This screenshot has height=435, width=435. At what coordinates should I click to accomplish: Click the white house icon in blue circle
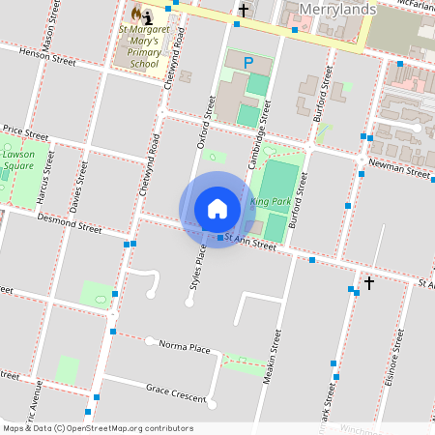(217, 210)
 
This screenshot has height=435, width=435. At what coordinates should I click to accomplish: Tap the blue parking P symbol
(248, 63)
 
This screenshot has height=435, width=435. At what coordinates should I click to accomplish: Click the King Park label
(270, 201)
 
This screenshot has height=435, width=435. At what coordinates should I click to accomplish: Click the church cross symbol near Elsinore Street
(367, 282)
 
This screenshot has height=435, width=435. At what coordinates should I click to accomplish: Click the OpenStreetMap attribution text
(98, 428)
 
